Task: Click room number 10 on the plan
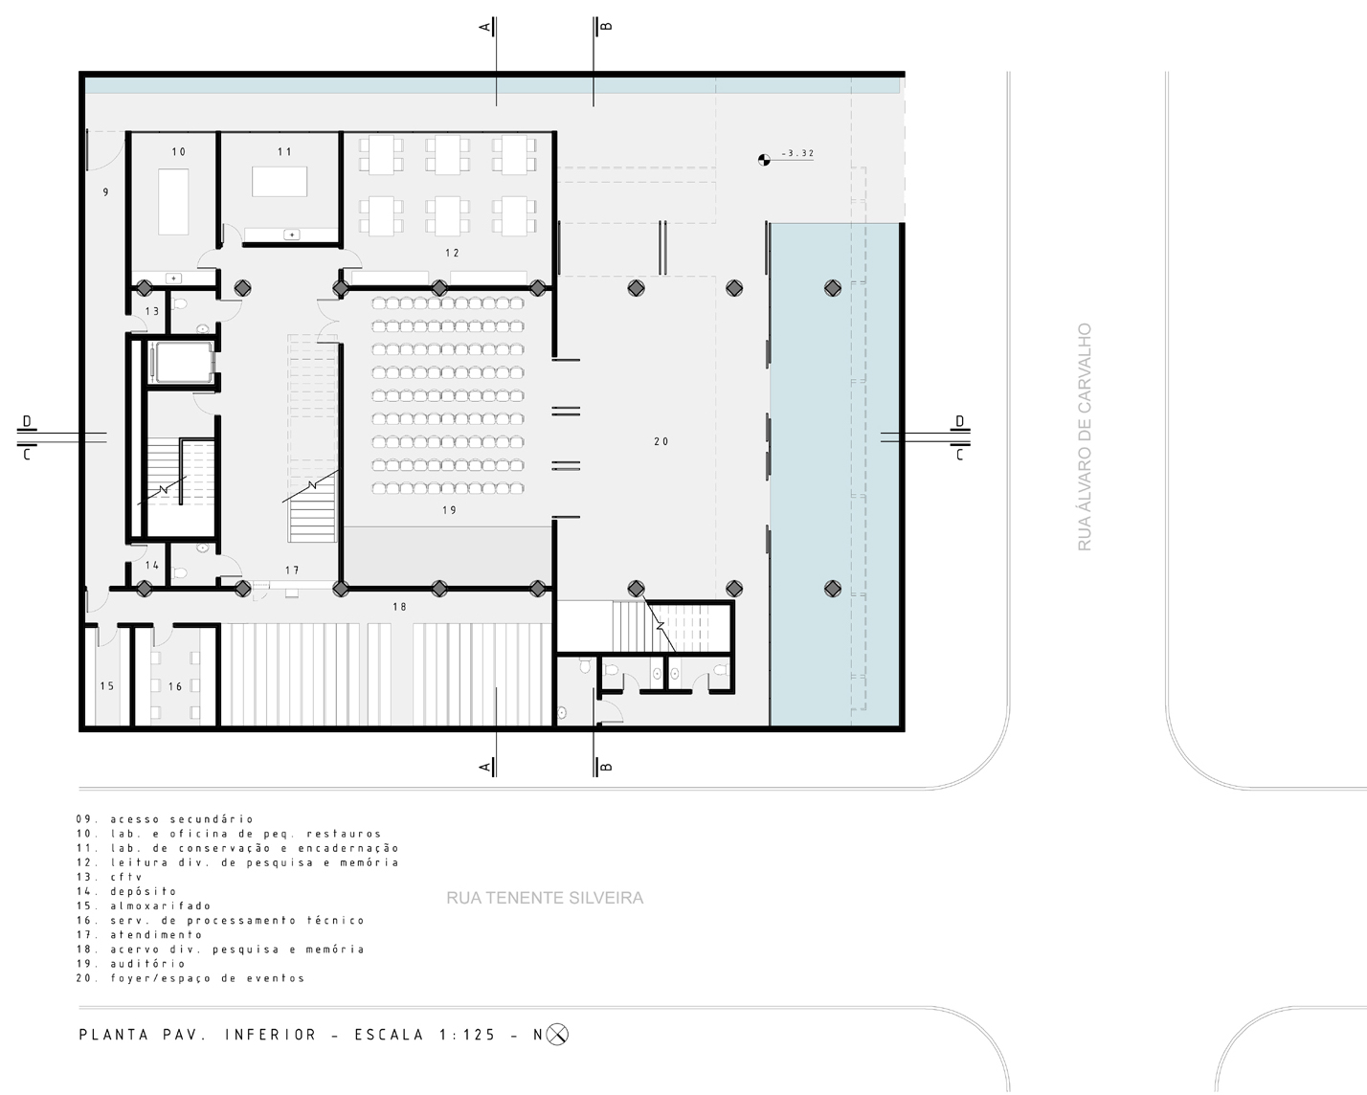point(178,152)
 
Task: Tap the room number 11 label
point(284,152)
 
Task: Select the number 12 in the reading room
point(452,253)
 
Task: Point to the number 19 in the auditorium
point(450,510)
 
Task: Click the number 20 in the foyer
point(661,441)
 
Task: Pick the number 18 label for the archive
point(399,607)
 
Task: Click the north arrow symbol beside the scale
point(557,1035)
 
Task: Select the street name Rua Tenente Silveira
point(545,898)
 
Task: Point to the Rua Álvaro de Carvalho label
point(1085,437)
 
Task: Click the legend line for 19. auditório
point(131,964)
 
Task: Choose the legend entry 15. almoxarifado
point(144,905)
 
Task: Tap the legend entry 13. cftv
point(109,877)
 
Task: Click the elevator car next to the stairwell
point(184,363)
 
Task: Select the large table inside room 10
point(173,202)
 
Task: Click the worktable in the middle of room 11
point(280,182)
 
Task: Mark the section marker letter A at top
point(485,27)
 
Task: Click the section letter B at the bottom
point(606,767)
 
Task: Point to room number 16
point(175,686)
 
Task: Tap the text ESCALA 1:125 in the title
point(425,1035)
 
